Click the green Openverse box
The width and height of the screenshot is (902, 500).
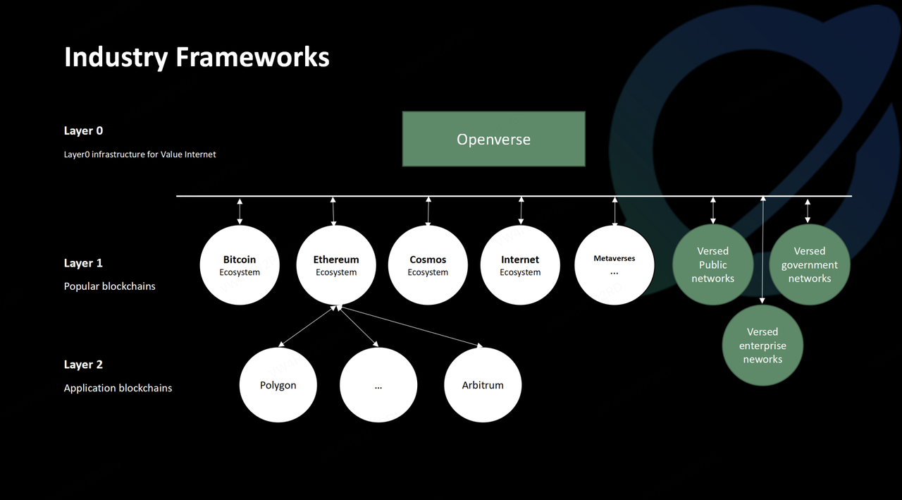(494, 139)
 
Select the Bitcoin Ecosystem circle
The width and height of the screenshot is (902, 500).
(240, 265)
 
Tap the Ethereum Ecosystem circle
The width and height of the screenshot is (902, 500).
(336, 265)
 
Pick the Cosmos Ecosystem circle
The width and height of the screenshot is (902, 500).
(428, 265)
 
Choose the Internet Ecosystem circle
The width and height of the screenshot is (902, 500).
(520, 265)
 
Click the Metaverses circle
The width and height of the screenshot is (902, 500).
(614, 265)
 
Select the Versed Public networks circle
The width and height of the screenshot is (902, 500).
(712, 264)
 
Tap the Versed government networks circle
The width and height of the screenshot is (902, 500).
(810, 264)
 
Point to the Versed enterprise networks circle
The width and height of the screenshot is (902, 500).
(762, 346)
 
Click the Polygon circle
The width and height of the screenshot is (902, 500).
(278, 385)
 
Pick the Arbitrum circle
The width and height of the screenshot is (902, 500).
(483, 385)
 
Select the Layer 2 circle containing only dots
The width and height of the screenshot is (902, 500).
(378, 385)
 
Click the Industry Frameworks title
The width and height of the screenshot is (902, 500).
(197, 57)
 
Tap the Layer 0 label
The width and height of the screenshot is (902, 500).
(83, 130)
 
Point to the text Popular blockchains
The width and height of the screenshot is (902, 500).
(109, 286)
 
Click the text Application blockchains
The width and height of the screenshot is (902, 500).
(118, 388)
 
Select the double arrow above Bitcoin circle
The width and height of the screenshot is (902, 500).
(240, 211)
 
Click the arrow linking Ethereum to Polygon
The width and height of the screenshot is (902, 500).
(307, 326)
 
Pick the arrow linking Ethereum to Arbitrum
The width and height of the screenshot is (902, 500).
(410, 327)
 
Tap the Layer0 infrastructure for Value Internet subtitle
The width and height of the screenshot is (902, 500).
(140, 154)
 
